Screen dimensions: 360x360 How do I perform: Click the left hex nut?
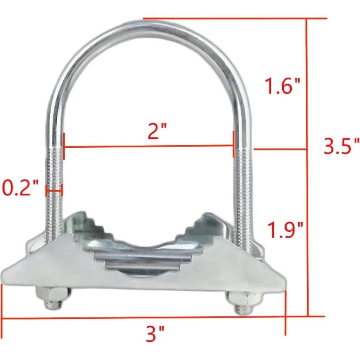tap(52, 296)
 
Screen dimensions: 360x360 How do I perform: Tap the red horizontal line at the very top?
tap(234, 19)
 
